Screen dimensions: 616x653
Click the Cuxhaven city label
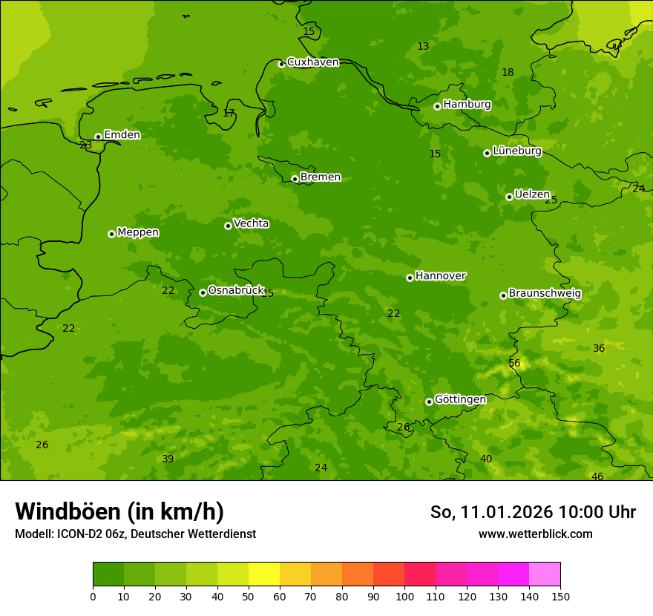click(x=312, y=62)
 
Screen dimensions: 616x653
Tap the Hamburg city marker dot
click(x=438, y=106)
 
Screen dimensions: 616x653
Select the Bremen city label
click(x=321, y=177)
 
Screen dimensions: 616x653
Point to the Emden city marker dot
click(x=98, y=137)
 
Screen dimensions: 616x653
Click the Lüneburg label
click(x=517, y=151)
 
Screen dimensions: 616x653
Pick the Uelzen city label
click(x=532, y=194)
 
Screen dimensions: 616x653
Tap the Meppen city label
click(x=138, y=232)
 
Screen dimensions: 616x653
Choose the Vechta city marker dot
click(x=228, y=226)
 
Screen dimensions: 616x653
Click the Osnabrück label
click(x=236, y=291)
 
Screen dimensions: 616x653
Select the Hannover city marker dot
click(x=410, y=278)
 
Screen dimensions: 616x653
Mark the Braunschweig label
click(x=545, y=294)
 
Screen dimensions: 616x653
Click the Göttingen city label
click(x=460, y=400)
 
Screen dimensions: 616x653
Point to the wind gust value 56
click(x=514, y=363)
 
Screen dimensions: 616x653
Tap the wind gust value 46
click(x=597, y=476)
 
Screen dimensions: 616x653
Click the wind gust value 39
click(x=168, y=459)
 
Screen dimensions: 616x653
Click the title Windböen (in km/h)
click(x=119, y=511)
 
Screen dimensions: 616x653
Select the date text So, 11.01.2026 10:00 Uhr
click(x=533, y=512)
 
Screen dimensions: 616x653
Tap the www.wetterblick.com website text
click(x=535, y=534)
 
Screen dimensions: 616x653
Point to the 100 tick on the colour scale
click(x=404, y=596)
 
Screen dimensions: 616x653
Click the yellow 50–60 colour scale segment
click(x=264, y=574)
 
